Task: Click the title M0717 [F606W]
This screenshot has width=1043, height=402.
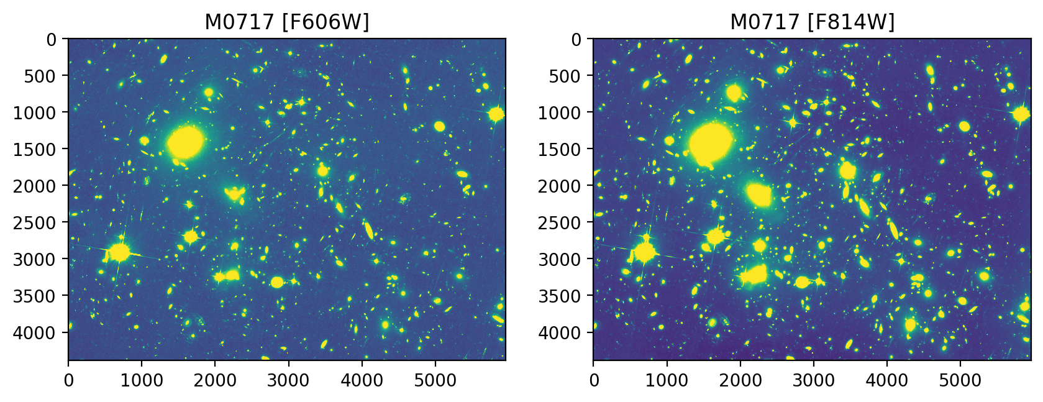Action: tap(287, 22)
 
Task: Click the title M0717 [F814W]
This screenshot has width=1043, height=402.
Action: tap(812, 22)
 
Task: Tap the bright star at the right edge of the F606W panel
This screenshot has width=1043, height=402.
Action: tap(496, 114)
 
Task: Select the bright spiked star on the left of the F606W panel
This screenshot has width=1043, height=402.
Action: tap(119, 252)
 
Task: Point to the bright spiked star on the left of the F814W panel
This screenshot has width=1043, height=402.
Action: tap(645, 252)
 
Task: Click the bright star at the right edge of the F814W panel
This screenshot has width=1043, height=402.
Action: tap(1021, 114)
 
